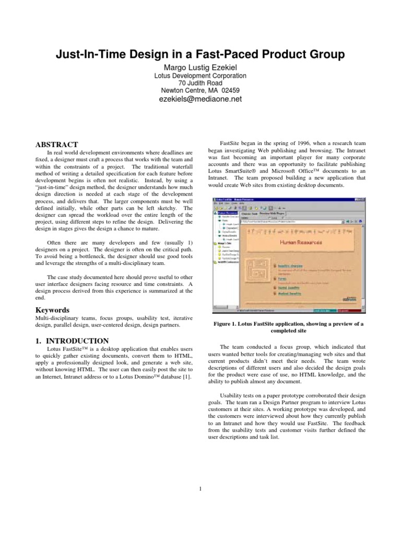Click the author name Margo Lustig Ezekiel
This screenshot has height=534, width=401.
tap(200, 66)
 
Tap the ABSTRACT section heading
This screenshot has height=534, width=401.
tap(56, 144)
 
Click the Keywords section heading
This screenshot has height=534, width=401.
tap(52, 310)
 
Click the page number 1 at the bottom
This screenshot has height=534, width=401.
tap(200, 489)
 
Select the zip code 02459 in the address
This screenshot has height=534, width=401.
tap(230, 91)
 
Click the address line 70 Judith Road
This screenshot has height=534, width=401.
tap(200, 83)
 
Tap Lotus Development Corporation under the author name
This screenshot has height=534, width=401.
tap(200, 75)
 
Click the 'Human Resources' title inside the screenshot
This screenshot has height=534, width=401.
tap(301, 242)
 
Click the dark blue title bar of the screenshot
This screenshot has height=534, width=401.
tap(292, 200)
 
